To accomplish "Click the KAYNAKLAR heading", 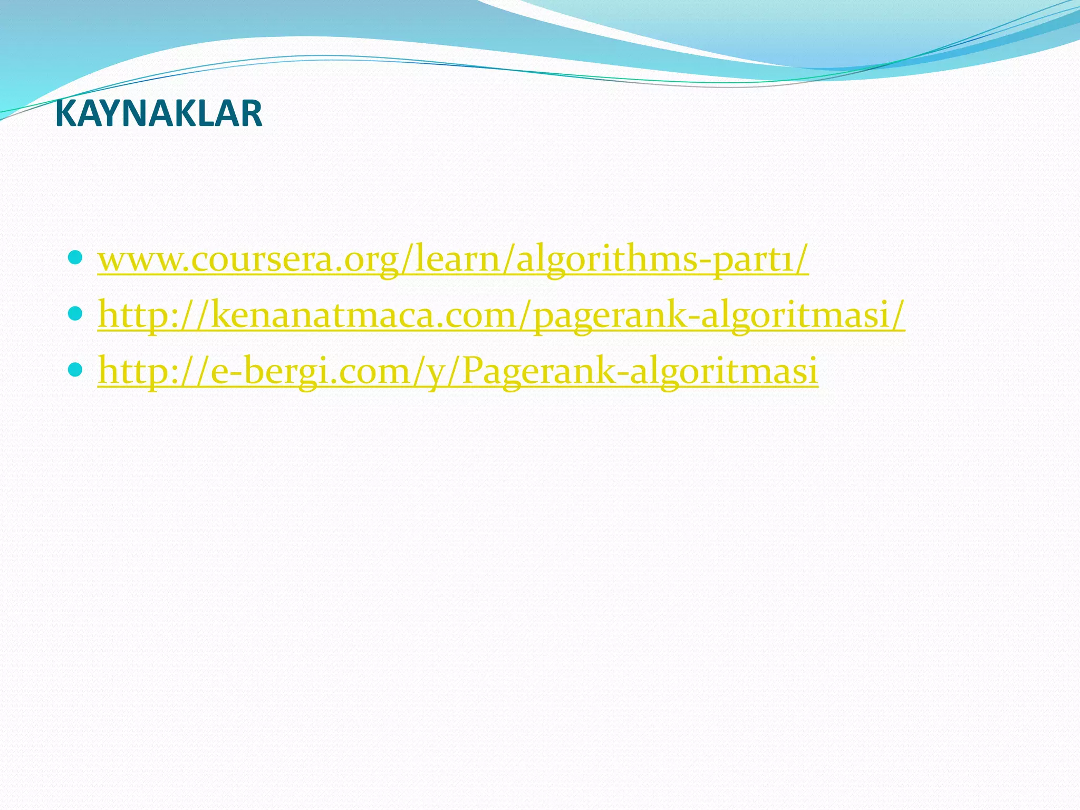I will click(x=158, y=114).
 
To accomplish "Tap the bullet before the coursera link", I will click(x=75, y=258).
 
